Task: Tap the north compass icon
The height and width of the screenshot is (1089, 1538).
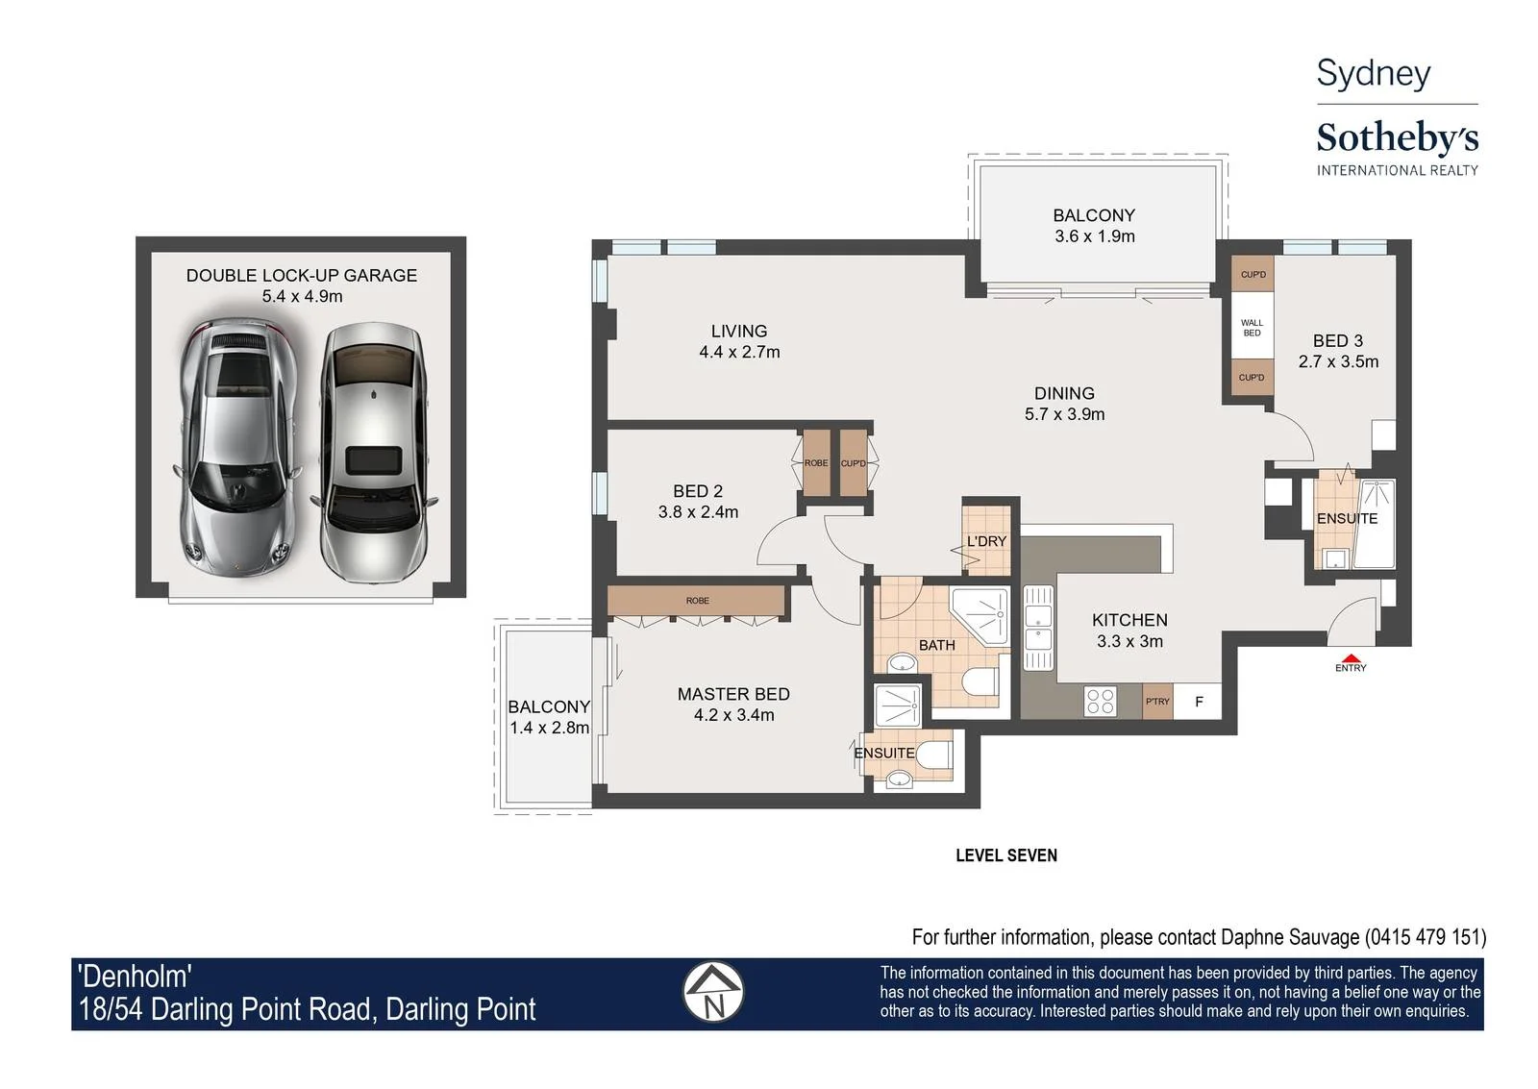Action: click(713, 992)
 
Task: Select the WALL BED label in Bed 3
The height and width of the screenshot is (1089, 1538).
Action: click(1252, 328)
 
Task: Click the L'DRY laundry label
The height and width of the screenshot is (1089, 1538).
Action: click(986, 541)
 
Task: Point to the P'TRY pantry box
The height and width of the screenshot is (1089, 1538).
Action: click(1157, 701)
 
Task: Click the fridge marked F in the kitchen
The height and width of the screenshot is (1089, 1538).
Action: click(1198, 701)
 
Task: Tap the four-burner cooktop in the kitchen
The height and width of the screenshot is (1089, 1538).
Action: click(1100, 702)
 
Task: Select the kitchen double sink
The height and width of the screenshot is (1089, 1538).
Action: click(1038, 628)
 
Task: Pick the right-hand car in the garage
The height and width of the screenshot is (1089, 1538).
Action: click(373, 453)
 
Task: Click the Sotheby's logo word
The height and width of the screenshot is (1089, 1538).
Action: click(1398, 138)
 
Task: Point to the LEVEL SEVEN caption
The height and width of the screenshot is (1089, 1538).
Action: click(1006, 855)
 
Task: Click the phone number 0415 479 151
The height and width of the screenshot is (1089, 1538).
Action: click(1426, 937)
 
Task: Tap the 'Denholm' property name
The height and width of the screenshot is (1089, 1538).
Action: click(135, 977)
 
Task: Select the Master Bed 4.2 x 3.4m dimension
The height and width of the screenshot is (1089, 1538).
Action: click(734, 715)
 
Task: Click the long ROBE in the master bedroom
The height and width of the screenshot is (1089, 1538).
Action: click(697, 600)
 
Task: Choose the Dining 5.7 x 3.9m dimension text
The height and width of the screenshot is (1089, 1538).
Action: click(1065, 414)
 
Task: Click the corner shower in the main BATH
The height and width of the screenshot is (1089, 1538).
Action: click(980, 616)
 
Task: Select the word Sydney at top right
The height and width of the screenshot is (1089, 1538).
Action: click(1374, 74)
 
